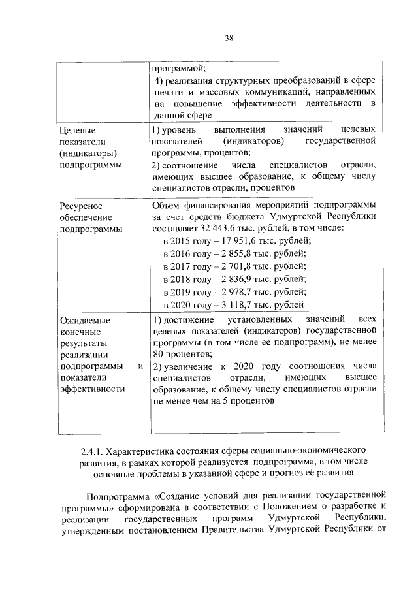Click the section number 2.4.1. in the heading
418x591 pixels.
pyautogui.click(x=91, y=451)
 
